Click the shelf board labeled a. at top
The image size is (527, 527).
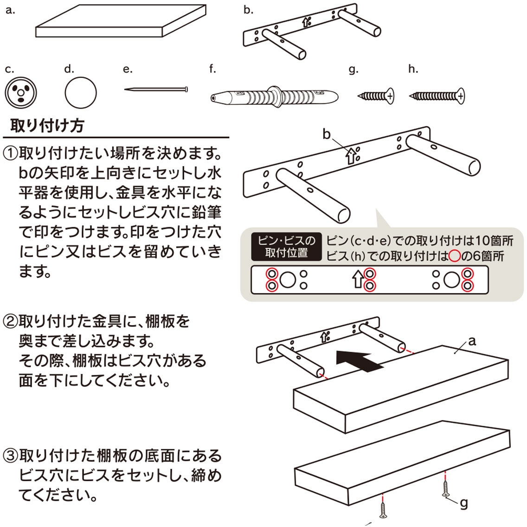pos(121,22)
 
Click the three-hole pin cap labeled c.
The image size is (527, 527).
pos(20,92)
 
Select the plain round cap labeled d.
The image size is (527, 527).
pos(80,92)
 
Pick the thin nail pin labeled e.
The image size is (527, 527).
pos(156,89)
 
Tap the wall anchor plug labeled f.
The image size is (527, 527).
pos(274,97)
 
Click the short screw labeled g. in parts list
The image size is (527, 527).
pos(376,96)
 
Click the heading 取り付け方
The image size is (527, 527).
pos(47,125)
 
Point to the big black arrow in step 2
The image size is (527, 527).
pos(360,360)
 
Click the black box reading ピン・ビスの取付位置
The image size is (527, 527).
pos(286,247)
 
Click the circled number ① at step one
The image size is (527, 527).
pos(10,153)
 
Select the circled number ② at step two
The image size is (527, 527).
pos(10,321)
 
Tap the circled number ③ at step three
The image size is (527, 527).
pos(10,456)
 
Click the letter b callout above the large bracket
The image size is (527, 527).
pos(327,135)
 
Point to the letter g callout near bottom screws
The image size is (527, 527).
pos(463,502)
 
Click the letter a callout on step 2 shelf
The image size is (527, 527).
pos(472,341)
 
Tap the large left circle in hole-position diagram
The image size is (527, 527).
pos(288,280)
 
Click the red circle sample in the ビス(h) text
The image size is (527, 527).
pos(454,256)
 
